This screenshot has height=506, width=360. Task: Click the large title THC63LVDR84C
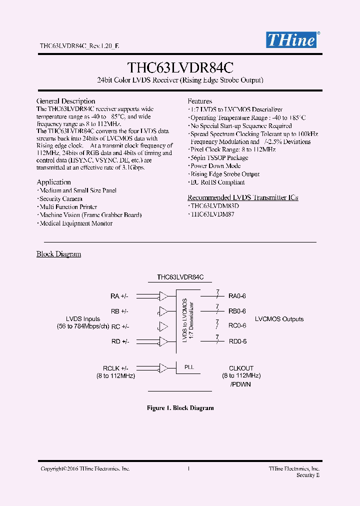coord(180,67)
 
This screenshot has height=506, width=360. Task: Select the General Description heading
coord(66,101)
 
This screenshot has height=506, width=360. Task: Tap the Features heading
coord(200,101)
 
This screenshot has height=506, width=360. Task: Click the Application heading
coord(54,182)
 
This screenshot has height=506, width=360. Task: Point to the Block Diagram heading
coord(59,254)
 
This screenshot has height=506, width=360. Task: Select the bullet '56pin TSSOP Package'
coord(219,157)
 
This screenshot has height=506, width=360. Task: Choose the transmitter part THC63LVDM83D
coord(214,206)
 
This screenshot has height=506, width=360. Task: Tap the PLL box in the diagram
coord(188,367)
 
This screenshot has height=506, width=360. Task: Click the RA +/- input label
coord(119,296)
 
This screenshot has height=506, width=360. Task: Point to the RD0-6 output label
coord(237,341)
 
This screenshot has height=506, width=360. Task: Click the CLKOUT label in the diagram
coord(241,367)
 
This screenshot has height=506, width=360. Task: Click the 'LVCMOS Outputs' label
coord(279,319)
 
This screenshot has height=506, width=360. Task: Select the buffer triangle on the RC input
coord(163,326)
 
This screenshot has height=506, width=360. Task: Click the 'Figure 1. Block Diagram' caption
coord(180,408)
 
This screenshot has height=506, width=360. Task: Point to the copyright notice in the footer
coord(85,468)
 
